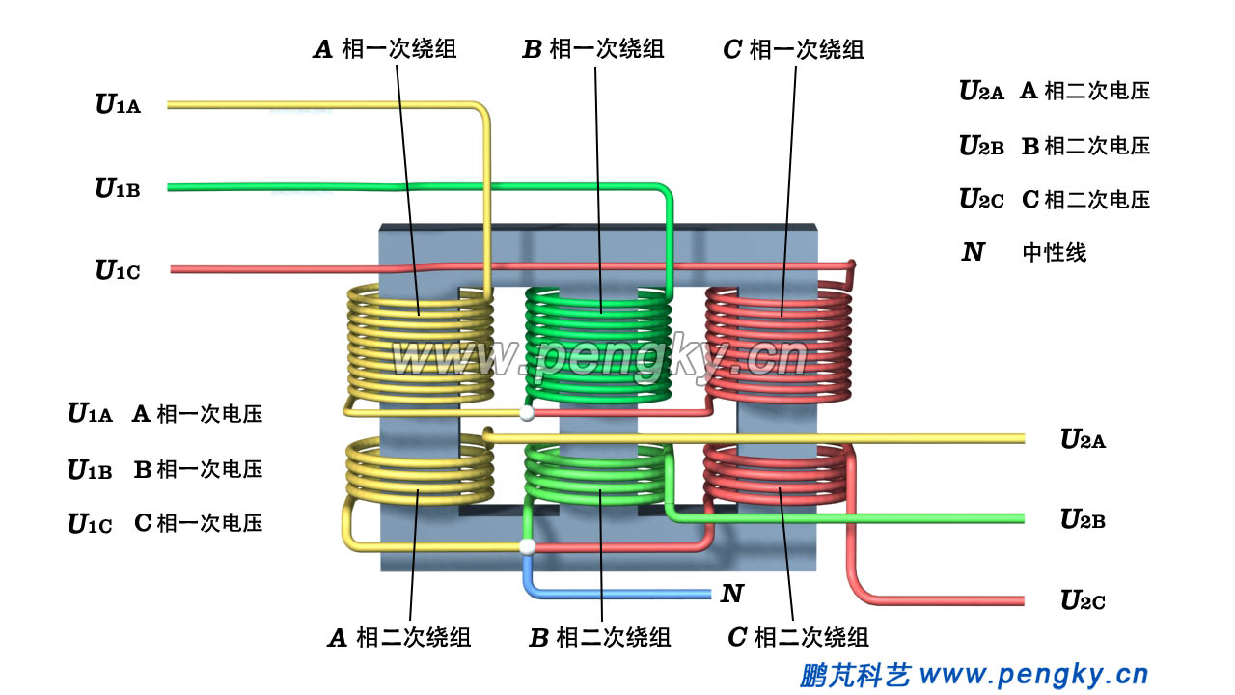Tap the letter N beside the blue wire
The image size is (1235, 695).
(x=732, y=594)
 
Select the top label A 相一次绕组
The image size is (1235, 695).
(x=385, y=49)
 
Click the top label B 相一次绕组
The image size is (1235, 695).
(x=592, y=49)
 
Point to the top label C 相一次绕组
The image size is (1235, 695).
(x=793, y=49)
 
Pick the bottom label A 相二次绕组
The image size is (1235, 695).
(x=399, y=638)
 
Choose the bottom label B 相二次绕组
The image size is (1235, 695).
(x=599, y=638)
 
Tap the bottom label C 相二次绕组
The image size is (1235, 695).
(x=798, y=638)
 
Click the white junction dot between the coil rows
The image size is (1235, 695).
(x=526, y=414)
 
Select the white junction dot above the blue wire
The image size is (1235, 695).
(x=527, y=547)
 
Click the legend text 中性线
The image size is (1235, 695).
(x=1054, y=253)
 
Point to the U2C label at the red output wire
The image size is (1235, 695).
(x=1083, y=600)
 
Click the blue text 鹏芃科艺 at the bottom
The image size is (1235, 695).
(x=855, y=674)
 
